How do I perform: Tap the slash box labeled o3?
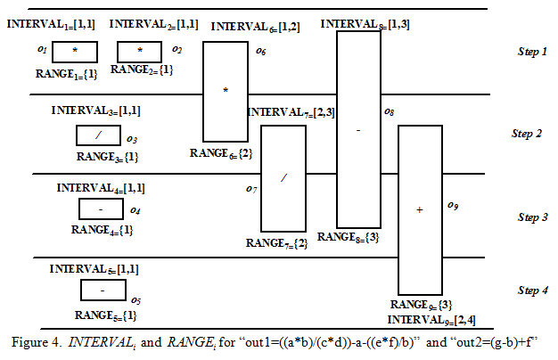pyautogui.click(x=98, y=135)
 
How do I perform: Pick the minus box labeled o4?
pyautogui.click(x=101, y=209)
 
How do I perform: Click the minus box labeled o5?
pyautogui.click(x=102, y=291)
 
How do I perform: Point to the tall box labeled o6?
pyautogui.click(x=226, y=92)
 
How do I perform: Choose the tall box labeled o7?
pyautogui.click(x=283, y=178)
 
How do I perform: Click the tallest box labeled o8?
pyautogui.click(x=358, y=128)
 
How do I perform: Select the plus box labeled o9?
pyautogui.click(x=419, y=209)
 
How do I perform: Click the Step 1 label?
pyautogui.click(x=532, y=53)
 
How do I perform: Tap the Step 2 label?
pyautogui.click(x=527, y=135)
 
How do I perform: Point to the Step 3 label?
pyautogui.click(x=532, y=217)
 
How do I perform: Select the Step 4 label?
pyautogui.click(x=532, y=290)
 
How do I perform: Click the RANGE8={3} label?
pyautogui.click(x=349, y=237)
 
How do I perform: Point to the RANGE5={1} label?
pyautogui.click(x=105, y=315)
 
